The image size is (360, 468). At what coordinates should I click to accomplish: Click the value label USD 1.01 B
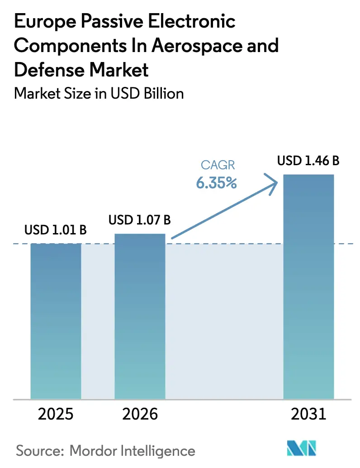pos(56,230)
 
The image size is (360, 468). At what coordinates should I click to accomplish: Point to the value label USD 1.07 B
pos(140,220)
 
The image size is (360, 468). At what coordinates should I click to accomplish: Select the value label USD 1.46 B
pos(308,161)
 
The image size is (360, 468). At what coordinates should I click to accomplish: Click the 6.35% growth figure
pos(217,183)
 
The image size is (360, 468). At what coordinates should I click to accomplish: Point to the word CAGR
pos(218,166)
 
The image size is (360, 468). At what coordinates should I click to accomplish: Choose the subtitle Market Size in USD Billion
pos(99,93)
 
